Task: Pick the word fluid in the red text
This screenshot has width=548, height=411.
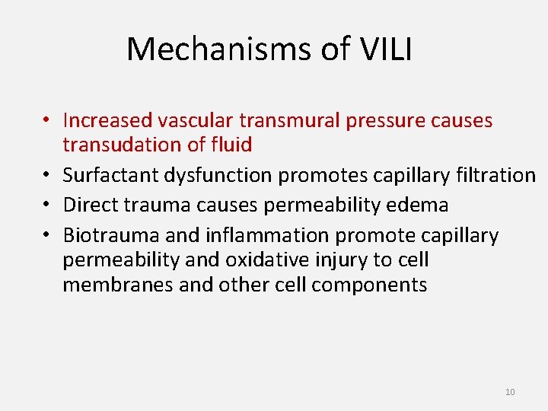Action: (232, 144)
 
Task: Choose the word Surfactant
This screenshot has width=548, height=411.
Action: (104, 175)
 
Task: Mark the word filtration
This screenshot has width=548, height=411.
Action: (499, 175)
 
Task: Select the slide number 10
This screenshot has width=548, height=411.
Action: (510, 392)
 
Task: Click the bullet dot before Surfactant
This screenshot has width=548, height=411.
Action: (47, 176)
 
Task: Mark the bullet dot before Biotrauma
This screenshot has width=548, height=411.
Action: (47, 236)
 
